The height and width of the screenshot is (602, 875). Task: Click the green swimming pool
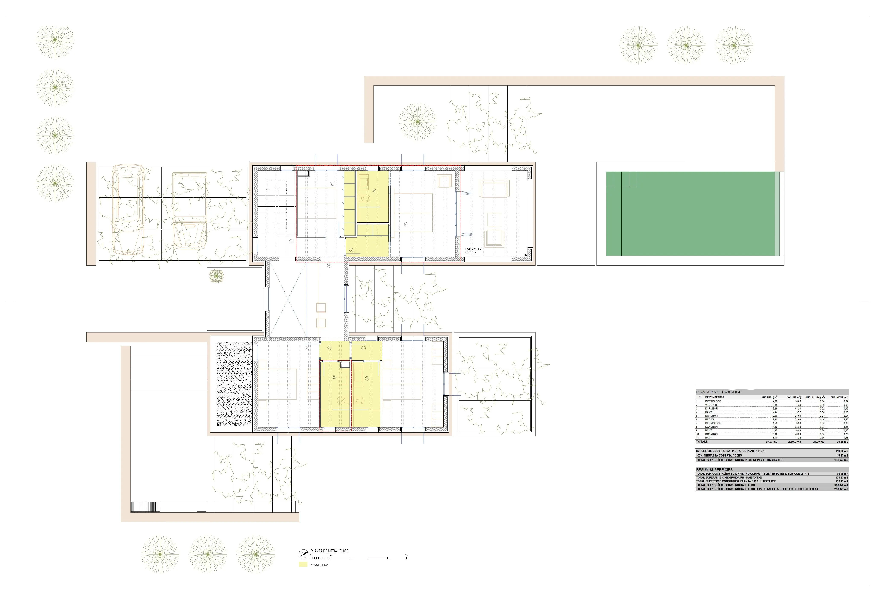pos(690,214)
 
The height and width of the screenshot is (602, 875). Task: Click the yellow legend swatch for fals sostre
pos(303,565)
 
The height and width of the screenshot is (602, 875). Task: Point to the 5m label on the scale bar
pos(406,555)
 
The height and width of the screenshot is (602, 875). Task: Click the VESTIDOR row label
pos(711,405)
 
